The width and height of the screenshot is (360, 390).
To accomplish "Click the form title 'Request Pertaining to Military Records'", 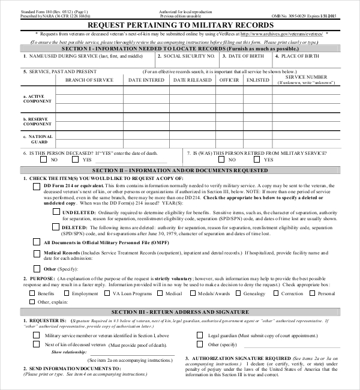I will [181, 25].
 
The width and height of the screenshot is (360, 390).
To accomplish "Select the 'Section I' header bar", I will [180, 48].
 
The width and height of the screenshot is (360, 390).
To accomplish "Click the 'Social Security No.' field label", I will [189, 56].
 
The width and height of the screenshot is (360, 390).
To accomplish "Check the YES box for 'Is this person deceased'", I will [75, 160].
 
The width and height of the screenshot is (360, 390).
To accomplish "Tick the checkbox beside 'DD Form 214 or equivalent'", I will [37, 186].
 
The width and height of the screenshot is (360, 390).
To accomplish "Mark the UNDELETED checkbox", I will [56, 212].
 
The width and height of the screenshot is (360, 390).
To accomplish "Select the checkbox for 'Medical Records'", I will [37, 254].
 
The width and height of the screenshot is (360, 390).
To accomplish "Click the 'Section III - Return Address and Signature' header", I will [180, 313].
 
